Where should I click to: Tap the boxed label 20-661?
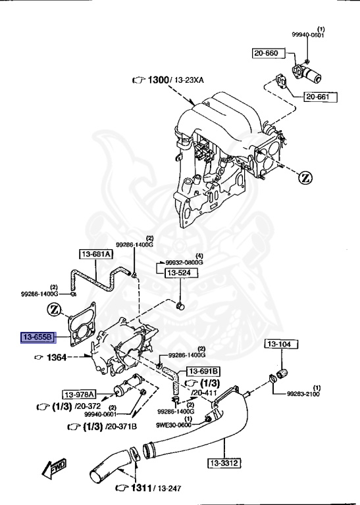320,97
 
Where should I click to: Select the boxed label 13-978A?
80,395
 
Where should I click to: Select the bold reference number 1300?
158,80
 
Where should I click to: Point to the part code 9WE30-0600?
174,425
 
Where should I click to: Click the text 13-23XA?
190,80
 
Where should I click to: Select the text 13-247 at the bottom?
168,489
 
